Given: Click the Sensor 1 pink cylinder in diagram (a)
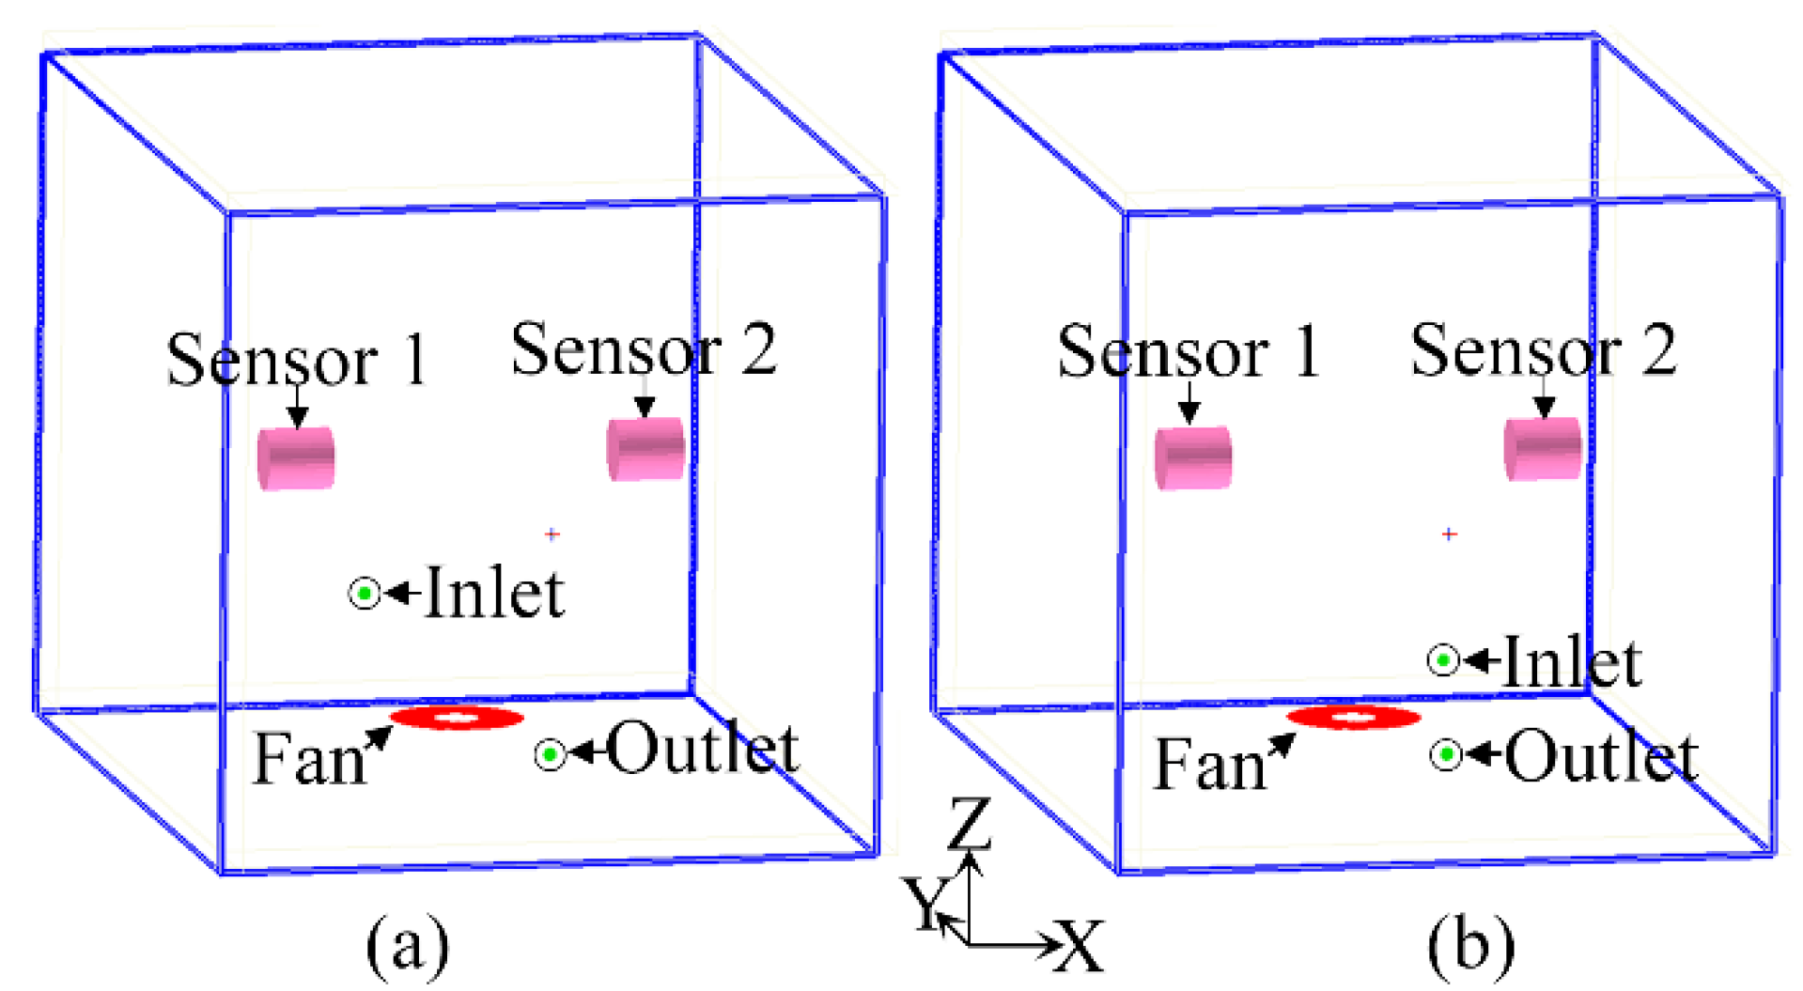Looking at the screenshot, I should (296, 458).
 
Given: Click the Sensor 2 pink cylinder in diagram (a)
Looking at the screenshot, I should (645, 449).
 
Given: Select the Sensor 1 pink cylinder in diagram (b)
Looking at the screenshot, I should (1193, 458).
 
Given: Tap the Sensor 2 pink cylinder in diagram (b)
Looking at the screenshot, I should (1543, 449).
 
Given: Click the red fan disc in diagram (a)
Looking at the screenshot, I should (457, 719).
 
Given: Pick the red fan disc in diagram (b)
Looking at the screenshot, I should (1354, 719).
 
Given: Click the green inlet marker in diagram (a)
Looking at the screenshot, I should (365, 594).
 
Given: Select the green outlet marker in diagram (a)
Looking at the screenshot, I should (551, 754).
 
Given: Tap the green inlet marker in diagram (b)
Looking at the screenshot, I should (1443, 661).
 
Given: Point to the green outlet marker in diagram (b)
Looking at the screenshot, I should (1447, 754).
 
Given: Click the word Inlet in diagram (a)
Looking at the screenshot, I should (494, 594).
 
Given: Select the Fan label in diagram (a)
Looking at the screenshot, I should (309, 759).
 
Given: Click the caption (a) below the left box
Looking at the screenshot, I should (407, 945).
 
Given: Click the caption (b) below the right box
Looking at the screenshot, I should (1470, 945).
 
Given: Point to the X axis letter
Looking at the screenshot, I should (1080, 945).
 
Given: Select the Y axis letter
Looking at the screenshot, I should (925, 904).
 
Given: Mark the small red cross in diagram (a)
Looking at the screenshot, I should (552, 534).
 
